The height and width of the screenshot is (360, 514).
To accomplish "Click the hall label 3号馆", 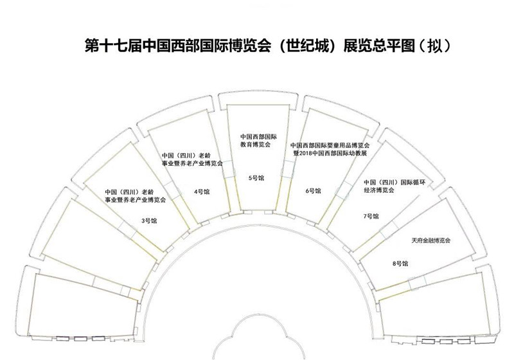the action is (149, 221).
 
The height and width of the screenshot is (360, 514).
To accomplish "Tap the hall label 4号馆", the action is (202, 192).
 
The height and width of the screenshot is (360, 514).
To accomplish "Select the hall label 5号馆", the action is (256, 178).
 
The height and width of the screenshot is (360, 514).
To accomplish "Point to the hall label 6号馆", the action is (313, 191).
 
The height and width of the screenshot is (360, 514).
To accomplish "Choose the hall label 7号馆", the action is (371, 216).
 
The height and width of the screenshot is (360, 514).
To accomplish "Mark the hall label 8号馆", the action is (400, 264).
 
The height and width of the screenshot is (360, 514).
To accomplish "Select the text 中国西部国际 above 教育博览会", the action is (259, 136).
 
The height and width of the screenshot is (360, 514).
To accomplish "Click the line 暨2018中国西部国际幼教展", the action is (330, 153).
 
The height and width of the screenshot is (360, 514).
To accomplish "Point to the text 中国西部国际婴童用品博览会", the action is (330, 145).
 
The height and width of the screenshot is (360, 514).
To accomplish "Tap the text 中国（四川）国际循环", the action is (394, 183).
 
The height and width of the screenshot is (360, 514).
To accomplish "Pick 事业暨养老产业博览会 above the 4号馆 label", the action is (192, 163).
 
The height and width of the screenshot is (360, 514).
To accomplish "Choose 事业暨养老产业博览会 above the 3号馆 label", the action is (135, 200).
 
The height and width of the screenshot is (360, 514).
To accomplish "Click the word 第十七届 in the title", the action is (113, 46).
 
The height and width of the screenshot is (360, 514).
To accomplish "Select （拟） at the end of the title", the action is (436, 46).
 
